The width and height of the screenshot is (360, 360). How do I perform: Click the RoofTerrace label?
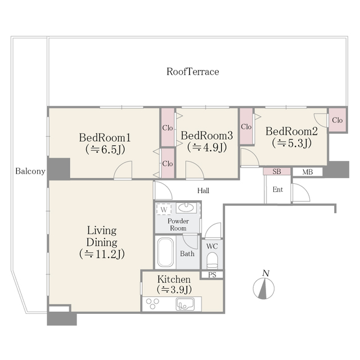192,72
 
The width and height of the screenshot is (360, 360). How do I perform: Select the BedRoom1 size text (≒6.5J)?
105,150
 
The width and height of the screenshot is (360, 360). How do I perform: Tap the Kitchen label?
174,279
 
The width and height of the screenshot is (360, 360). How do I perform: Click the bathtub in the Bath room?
165,252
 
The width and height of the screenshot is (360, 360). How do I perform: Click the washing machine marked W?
164,209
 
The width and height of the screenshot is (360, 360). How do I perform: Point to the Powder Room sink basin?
186,208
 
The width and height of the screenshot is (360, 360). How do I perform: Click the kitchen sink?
184,304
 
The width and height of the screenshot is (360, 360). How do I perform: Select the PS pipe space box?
212,274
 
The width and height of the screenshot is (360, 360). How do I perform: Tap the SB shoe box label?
277,172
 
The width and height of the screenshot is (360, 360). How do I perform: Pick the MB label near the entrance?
307,172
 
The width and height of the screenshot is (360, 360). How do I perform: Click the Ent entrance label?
278,190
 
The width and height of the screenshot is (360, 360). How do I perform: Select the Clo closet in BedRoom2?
337,120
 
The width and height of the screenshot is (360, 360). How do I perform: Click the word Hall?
203,191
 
